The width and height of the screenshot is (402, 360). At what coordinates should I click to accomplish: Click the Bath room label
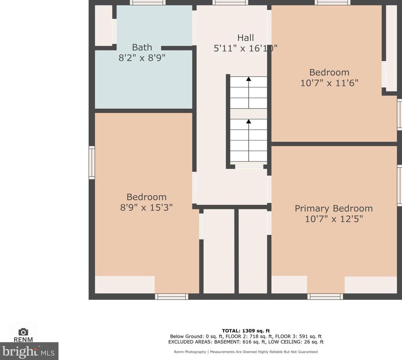click(142, 47)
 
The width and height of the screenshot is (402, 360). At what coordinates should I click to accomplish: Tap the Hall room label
click(246, 38)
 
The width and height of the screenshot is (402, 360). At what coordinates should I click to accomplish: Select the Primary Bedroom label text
click(333, 209)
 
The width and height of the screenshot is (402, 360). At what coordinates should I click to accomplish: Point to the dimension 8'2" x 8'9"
click(142, 58)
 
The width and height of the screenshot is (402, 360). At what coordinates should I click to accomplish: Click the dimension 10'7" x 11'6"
click(329, 83)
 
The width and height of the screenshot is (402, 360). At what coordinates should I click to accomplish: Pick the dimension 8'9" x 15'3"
click(146, 207)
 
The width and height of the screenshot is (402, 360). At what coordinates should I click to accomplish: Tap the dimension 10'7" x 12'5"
click(334, 219)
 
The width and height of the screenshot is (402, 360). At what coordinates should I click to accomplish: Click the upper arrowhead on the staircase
click(248, 79)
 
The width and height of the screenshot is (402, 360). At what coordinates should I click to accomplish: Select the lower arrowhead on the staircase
click(248, 121)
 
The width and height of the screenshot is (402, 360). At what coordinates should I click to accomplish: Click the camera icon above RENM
click(23, 332)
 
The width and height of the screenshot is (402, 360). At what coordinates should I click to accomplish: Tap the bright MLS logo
click(29, 351)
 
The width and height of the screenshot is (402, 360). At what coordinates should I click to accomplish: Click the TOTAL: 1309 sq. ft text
click(246, 331)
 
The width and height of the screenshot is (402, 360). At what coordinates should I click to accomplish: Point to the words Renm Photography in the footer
click(190, 352)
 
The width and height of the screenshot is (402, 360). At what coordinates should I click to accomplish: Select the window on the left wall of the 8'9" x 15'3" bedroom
click(92, 162)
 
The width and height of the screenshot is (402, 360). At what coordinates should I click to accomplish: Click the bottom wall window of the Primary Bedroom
click(325, 296)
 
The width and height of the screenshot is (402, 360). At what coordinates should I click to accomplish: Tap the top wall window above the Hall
click(230, 2)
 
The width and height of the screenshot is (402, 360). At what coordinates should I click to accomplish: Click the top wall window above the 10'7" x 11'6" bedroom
click(332, 2)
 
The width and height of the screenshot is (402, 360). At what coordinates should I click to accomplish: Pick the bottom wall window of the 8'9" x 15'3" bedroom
click(172, 296)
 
